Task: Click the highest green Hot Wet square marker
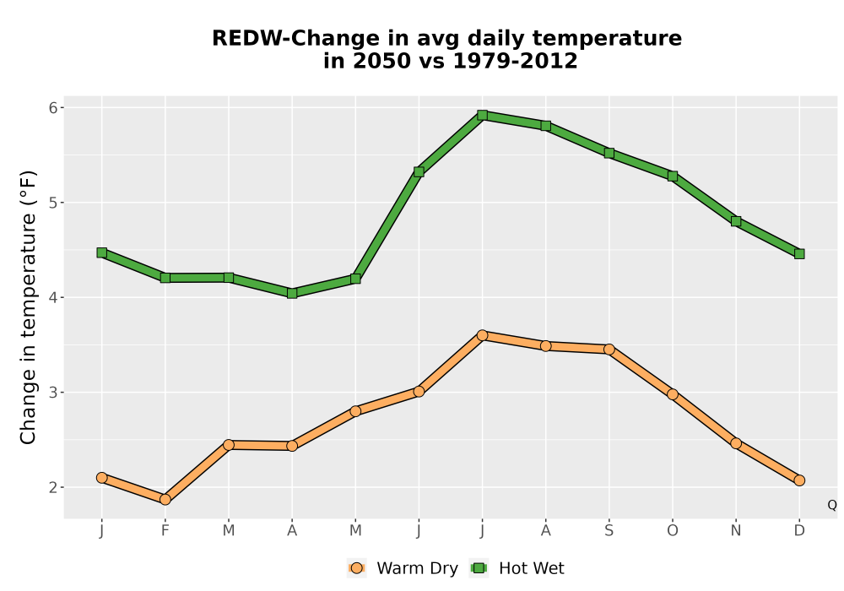pyautogui.click(x=482, y=115)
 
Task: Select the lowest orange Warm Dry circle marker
pyautogui.click(x=165, y=500)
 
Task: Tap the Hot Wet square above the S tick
pyautogui.click(x=609, y=153)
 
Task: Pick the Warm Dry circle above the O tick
pyautogui.click(x=673, y=394)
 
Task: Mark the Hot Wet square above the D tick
pyautogui.click(x=799, y=253)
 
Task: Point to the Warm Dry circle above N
pyautogui.click(x=736, y=443)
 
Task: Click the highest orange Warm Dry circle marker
pyautogui.click(x=482, y=335)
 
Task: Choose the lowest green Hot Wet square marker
pyautogui.click(x=292, y=293)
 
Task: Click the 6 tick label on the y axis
pyautogui.click(x=52, y=108)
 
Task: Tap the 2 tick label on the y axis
pyautogui.click(x=52, y=487)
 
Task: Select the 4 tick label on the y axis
pyautogui.click(x=52, y=298)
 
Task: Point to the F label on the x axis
pyautogui.click(x=165, y=531)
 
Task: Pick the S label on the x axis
pyautogui.click(x=609, y=531)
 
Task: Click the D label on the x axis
pyautogui.click(x=799, y=531)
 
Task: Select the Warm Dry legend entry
pyautogui.click(x=403, y=568)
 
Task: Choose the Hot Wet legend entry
pyautogui.click(x=517, y=568)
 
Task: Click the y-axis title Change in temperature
pyautogui.click(x=28, y=307)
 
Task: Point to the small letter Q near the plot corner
pyautogui.click(x=832, y=505)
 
